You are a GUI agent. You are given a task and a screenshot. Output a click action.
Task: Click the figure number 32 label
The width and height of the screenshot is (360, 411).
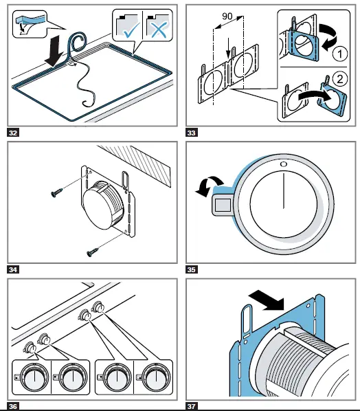(13, 133)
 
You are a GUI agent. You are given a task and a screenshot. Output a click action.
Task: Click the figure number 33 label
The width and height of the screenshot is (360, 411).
(192, 133)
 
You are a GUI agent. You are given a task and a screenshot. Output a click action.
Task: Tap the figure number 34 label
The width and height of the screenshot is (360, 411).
(13, 269)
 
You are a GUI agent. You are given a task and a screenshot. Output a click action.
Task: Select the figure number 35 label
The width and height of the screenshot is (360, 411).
(192, 269)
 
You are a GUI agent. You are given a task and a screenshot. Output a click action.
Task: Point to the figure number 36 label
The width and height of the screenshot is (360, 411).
(13, 407)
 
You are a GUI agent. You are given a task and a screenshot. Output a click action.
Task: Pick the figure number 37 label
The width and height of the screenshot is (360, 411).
(192, 407)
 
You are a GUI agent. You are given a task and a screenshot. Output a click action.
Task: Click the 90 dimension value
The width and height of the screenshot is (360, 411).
(227, 16)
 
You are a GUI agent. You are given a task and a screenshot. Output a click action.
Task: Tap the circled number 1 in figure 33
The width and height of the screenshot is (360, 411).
(340, 54)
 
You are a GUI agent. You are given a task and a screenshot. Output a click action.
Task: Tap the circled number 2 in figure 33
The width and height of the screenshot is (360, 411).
(340, 78)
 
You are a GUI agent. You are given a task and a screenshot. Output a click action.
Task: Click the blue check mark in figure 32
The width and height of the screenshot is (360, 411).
(131, 30)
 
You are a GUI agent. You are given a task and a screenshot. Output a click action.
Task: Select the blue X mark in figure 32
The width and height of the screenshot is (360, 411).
(159, 30)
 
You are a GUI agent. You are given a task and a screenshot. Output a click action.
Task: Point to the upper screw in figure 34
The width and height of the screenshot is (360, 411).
(56, 192)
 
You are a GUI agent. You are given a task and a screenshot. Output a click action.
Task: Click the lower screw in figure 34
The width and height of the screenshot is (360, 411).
(93, 252)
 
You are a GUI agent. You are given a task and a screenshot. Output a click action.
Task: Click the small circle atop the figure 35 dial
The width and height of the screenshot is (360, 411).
(284, 164)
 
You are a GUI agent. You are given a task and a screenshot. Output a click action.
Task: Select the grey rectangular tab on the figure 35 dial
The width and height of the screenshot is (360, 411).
(223, 204)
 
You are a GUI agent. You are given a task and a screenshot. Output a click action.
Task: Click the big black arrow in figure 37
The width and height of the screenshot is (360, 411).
(267, 300)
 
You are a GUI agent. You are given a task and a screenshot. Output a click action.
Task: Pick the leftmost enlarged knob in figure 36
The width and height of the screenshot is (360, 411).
(34, 377)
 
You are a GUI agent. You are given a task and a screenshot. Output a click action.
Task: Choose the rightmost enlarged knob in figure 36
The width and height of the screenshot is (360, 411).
(156, 377)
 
